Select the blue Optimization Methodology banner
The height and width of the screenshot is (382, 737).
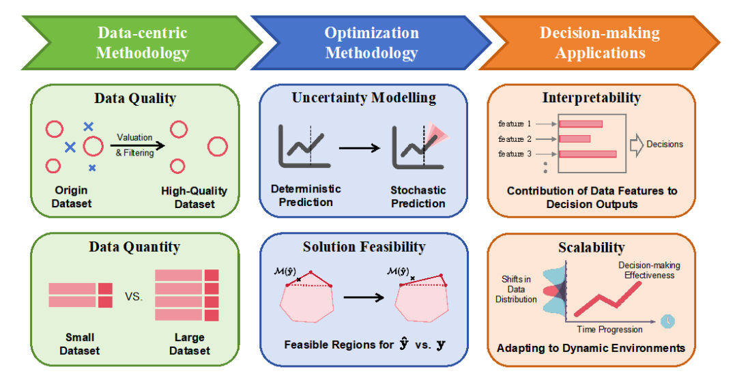pyautogui.click(x=371, y=43)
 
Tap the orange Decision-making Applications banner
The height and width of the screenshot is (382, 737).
pyautogui.click(x=600, y=43)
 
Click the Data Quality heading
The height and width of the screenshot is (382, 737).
pyautogui.click(x=135, y=98)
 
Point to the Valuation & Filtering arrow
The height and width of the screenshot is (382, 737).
pyautogui.click(x=138, y=145)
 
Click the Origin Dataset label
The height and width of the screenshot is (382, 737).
pyautogui.click(x=72, y=197)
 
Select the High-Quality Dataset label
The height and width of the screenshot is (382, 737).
pyautogui.click(x=194, y=197)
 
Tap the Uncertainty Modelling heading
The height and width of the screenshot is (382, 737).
pyautogui.click(x=364, y=98)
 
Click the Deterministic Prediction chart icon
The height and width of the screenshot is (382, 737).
pyautogui.click(x=304, y=146)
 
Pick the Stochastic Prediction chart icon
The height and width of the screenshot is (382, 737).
pyautogui.click(x=420, y=146)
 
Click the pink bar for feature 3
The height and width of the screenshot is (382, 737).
pyautogui.click(x=588, y=154)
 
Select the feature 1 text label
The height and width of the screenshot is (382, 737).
pyautogui.click(x=515, y=123)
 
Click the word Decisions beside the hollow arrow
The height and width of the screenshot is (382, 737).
pyautogui.click(x=665, y=144)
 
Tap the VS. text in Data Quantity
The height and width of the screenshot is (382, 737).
pyautogui.click(x=134, y=297)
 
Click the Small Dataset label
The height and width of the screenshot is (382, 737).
pyautogui.click(x=79, y=344)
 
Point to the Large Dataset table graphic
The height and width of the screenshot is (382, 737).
pyautogui.click(x=187, y=295)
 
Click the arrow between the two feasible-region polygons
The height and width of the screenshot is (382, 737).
pyautogui.click(x=364, y=297)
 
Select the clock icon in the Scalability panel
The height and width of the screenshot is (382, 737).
pyautogui.click(x=667, y=321)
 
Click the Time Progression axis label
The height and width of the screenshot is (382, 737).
pyautogui.click(x=609, y=329)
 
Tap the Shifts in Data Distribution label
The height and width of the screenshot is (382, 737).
pyautogui.click(x=516, y=289)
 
